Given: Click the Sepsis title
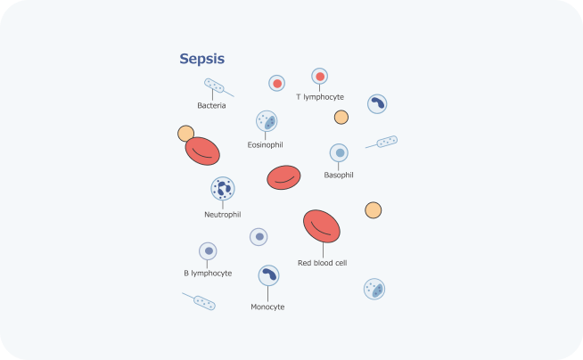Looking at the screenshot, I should [201, 60].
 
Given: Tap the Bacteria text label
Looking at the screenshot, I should [211, 105].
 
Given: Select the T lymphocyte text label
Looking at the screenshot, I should [319, 97].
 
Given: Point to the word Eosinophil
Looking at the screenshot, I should [265, 144].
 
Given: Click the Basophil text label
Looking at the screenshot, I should [338, 175].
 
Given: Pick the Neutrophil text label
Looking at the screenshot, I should [222, 214].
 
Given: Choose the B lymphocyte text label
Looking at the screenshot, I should [208, 273].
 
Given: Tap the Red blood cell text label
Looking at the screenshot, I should [322, 263].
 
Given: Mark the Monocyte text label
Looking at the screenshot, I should [267, 307].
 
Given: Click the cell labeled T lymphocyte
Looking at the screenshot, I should [319, 78].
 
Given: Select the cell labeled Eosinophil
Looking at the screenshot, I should [266, 121].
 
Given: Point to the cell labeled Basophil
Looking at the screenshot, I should [339, 153].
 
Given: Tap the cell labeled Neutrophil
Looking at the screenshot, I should [222, 189].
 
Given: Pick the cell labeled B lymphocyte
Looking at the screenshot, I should [208, 251].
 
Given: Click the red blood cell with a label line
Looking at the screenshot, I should [322, 226].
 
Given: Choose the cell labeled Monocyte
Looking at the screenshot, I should [268, 275].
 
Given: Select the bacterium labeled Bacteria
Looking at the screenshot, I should [214, 86].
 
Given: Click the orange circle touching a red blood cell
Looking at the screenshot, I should [185, 134].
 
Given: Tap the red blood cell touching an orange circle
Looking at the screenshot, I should [204, 151].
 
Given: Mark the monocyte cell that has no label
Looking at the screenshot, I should [377, 104].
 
